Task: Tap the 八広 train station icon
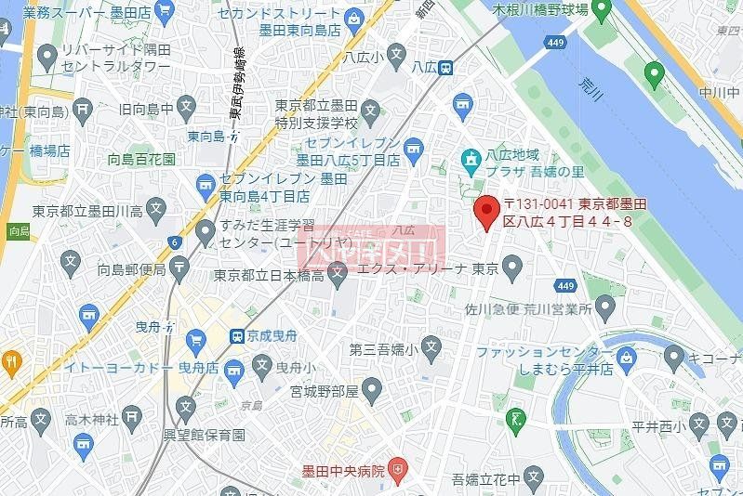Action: (446, 67)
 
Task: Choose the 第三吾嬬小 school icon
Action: (431, 349)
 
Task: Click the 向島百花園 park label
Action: (141, 159)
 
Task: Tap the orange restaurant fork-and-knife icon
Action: (10, 362)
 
